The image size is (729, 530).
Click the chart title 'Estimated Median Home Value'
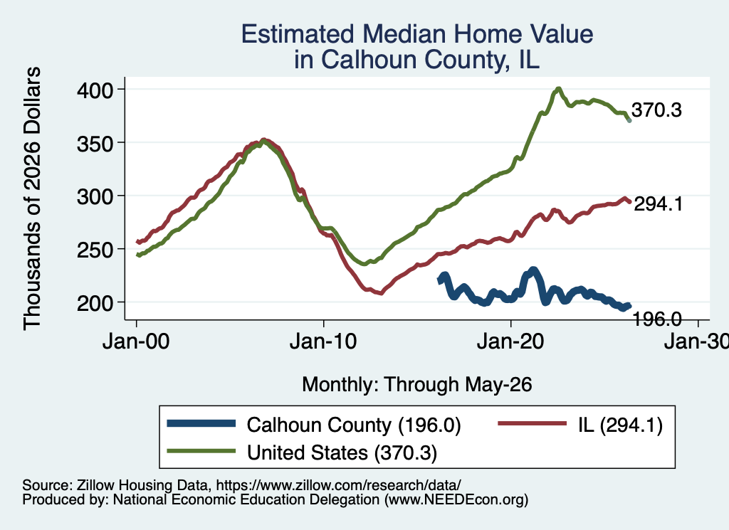tap(417, 34)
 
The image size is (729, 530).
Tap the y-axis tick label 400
tap(95, 90)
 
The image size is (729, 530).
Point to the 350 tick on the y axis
tap(95, 144)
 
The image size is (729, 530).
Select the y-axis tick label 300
tap(95, 196)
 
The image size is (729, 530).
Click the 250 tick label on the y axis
tap(95, 250)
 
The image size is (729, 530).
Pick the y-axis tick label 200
tap(95, 303)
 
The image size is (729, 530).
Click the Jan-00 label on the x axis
tap(136, 341)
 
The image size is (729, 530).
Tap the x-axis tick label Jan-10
tap(323, 341)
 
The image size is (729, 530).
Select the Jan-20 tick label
tap(510, 341)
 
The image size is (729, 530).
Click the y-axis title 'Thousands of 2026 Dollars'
tap(32, 198)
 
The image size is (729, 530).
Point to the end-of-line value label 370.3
tap(656, 110)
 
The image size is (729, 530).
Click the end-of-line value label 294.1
tap(659, 204)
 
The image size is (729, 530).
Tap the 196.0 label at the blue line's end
tap(657, 319)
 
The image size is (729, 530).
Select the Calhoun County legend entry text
tap(354, 425)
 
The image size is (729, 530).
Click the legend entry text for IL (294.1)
tap(621, 425)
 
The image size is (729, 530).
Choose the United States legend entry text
tap(342, 453)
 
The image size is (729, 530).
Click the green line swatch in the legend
tap(201, 451)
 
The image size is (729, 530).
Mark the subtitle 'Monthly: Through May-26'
tap(417, 385)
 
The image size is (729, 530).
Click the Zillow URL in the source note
tap(338, 485)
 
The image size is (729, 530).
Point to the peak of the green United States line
tap(558, 89)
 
